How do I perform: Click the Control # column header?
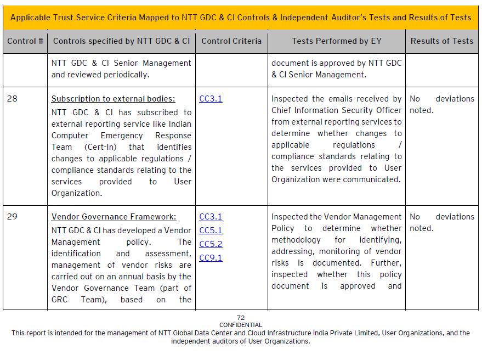(x=25, y=41)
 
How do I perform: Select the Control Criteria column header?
(x=231, y=41)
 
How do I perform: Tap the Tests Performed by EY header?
(x=337, y=41)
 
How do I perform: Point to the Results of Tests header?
(x=441, y=41)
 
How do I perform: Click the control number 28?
(x=12, y=99)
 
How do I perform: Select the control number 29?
(x=12, y=217)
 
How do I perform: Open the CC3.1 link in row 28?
(x=211, y=99)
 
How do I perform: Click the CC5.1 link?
(x=211, y=230)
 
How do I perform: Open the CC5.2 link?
(x=211, y=244)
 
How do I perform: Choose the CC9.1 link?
(x=211, y=258)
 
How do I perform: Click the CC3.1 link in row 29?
(x=211, y=217)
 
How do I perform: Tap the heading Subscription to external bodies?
(x=113, y=99)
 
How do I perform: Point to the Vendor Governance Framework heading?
(x=114, y=217)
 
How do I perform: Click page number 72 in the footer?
(x=241, y=318)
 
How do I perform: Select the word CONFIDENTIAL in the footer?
(x=241, y=325)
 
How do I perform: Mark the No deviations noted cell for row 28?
(x=441, y=104)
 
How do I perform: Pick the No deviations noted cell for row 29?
(x=441, y=222)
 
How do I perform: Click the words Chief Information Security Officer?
(x=337, y=110)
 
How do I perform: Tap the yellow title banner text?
(x=241, y=17)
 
